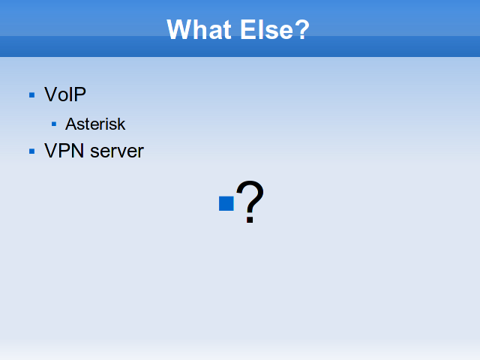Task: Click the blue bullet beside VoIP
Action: (x=31, y=95)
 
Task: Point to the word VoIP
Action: (x=65, y=94)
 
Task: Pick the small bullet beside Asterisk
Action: (x=54, y=124)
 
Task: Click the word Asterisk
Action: (x=95, y=124)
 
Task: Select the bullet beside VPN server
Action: (x=31, y=151)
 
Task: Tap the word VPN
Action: (x=64, y=151)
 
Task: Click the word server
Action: (x=117, y=151)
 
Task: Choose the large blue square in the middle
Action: (x=226, y=203)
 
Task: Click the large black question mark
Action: (x=250, y=202)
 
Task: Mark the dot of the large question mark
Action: (x=250, y=220)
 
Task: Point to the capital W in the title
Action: (x=181, y=29)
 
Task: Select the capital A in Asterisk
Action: (x=72, y=124)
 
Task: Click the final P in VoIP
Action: (x=79, y=94)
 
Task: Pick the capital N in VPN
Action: (x=77, y=151)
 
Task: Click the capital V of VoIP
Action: (x=52, y=94)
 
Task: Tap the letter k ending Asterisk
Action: (x=121, y=124)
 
